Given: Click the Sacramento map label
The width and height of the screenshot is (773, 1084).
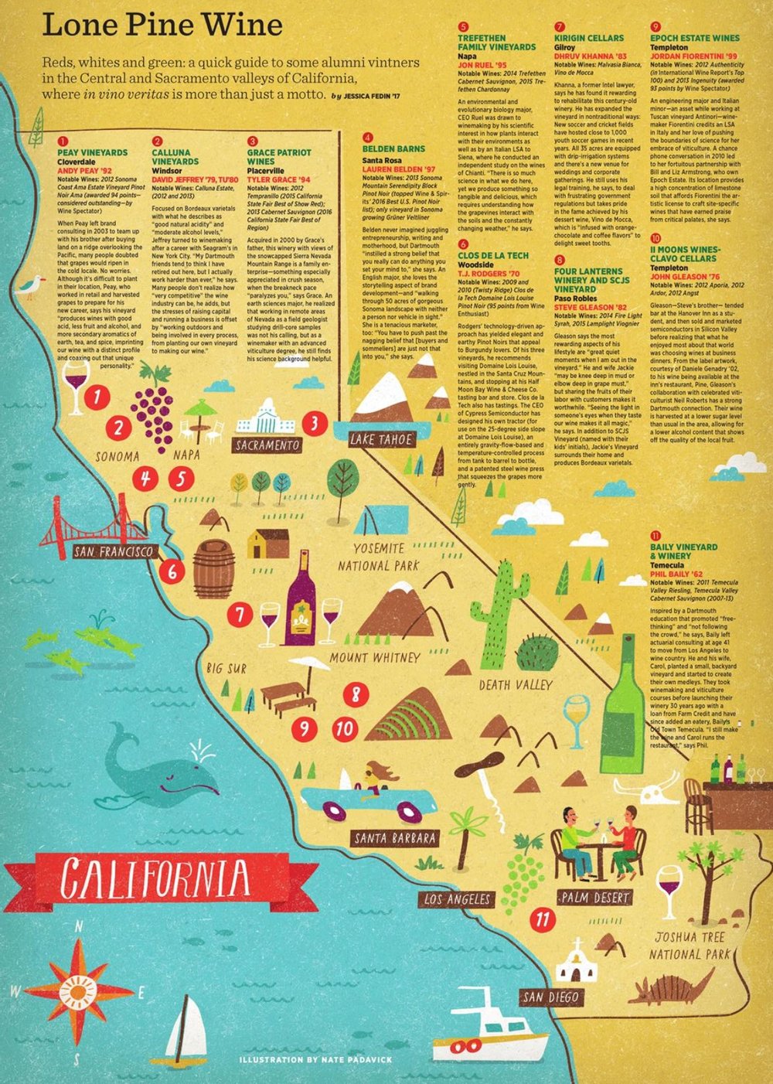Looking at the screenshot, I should click(x=267, y=445).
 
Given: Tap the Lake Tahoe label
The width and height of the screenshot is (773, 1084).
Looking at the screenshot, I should click(x=382, y=440).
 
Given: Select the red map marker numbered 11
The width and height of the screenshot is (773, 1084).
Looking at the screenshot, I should click(x=543, y=919).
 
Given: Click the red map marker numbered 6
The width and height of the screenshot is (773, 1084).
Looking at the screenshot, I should click(x=172, y=572).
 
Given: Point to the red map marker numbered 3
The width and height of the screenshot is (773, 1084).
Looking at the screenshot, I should click(x=314, y=423).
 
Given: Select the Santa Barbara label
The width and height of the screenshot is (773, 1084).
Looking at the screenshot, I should click(x=394, y=838).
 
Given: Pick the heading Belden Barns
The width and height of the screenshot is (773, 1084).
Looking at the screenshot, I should click(x=394, y=148).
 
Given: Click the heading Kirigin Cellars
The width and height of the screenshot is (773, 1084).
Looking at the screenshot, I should click(x=589, y=38).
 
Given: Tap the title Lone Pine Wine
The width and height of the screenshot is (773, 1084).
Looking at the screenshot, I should click(x=162, y=26).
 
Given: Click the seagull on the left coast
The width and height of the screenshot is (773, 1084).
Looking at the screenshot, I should click(x=32, y=287).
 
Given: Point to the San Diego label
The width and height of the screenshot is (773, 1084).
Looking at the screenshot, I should click(x=550, y=997).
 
